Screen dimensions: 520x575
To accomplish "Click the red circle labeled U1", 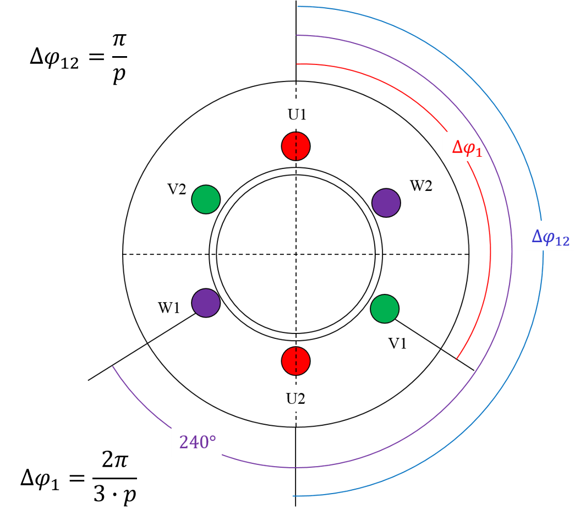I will tap(296, 146).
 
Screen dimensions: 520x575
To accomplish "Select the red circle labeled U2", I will tap(296, 361).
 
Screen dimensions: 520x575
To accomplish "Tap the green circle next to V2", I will tap(206, 199).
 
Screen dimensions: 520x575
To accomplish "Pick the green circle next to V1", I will tap(385, 309).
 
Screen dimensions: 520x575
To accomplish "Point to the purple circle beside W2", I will tap(386, 202).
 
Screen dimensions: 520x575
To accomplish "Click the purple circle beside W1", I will tap(206, 303).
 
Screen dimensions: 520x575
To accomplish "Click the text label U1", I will tap(297, 115).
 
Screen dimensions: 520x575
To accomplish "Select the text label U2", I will tap(295, 398).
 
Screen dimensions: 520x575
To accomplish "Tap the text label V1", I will tap(398, 344).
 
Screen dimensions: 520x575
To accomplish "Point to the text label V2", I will tap(177, 189).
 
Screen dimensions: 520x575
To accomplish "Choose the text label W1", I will tap(169, 308).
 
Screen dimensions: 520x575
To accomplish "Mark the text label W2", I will tap(421, 186).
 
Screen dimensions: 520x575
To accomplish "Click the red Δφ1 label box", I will tap(467, 147).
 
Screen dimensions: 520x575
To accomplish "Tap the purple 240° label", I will tap(196, 441).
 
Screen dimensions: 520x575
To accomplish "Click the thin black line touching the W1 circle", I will tap(171, 329).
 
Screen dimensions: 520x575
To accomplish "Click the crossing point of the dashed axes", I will tap(296, 254).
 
